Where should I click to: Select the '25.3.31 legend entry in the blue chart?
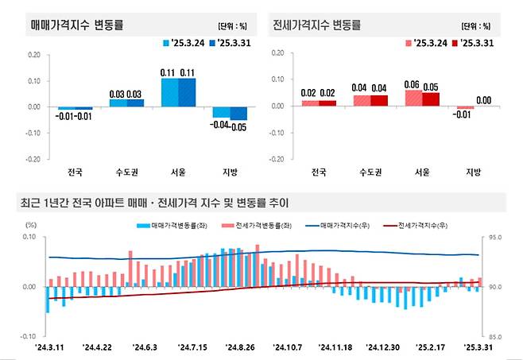(x=229, y=42)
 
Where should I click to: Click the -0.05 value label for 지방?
(x=238, y=126)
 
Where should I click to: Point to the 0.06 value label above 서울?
(x=411, y=83)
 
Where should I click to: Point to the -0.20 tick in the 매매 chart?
(x=33, y=158)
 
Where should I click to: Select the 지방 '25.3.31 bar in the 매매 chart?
(x=238, y=114)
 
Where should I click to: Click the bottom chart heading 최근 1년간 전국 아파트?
(x=151, y=203)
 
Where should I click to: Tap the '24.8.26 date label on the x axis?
(x=239, y=346)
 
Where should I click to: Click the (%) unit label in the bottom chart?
(x=32, y=225)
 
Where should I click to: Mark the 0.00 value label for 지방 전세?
(x=482, y=101)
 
